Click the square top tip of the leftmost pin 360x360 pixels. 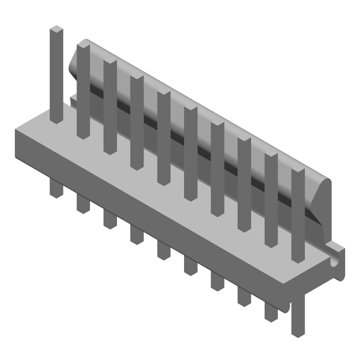(x=56, y=30)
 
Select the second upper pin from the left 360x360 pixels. (x=83, y=90)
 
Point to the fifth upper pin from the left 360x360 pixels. (x=164, y=137)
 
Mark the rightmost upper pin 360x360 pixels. (x=298, y=216)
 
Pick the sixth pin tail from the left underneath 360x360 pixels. (x=190, y=265)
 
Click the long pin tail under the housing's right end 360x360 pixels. (x=297, y=315)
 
